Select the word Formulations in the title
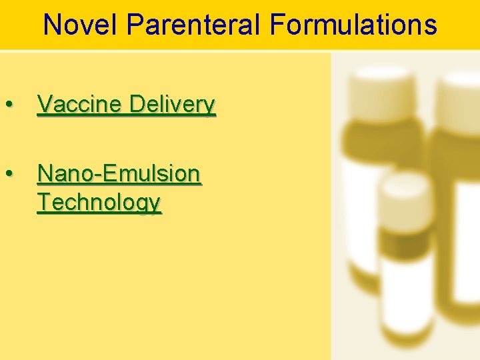point(353,25)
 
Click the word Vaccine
point(80,105)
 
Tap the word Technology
point(99,202)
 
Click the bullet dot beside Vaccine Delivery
point(9,105)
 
